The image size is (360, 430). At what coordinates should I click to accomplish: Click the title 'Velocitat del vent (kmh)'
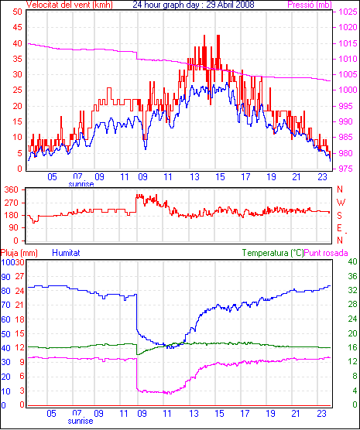[70, 5]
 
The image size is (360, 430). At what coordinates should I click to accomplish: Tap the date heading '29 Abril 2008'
[230, 5]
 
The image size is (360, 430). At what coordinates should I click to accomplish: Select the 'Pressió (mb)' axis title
[310, 5]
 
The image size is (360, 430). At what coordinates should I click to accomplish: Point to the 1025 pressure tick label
[348, 12]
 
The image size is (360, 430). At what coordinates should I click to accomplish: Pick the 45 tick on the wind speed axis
[17, 27]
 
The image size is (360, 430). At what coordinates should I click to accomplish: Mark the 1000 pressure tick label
[348, 90]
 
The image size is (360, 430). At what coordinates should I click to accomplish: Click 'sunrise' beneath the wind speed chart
[81, 184]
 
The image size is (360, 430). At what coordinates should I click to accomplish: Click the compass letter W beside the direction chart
[341, 203]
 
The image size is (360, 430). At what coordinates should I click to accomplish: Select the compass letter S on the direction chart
[340, 216]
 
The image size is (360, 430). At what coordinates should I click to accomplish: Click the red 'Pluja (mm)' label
[19, 253]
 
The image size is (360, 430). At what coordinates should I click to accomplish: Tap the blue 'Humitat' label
[66, 253]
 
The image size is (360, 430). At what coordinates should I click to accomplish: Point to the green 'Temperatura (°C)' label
[273, 253]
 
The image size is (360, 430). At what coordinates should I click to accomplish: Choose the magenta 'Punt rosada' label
[326, 253]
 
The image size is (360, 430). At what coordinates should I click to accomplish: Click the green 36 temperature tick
[352, 276]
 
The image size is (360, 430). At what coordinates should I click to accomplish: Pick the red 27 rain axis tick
[19, 276]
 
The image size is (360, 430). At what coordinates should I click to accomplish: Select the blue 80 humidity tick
[5, 291]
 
